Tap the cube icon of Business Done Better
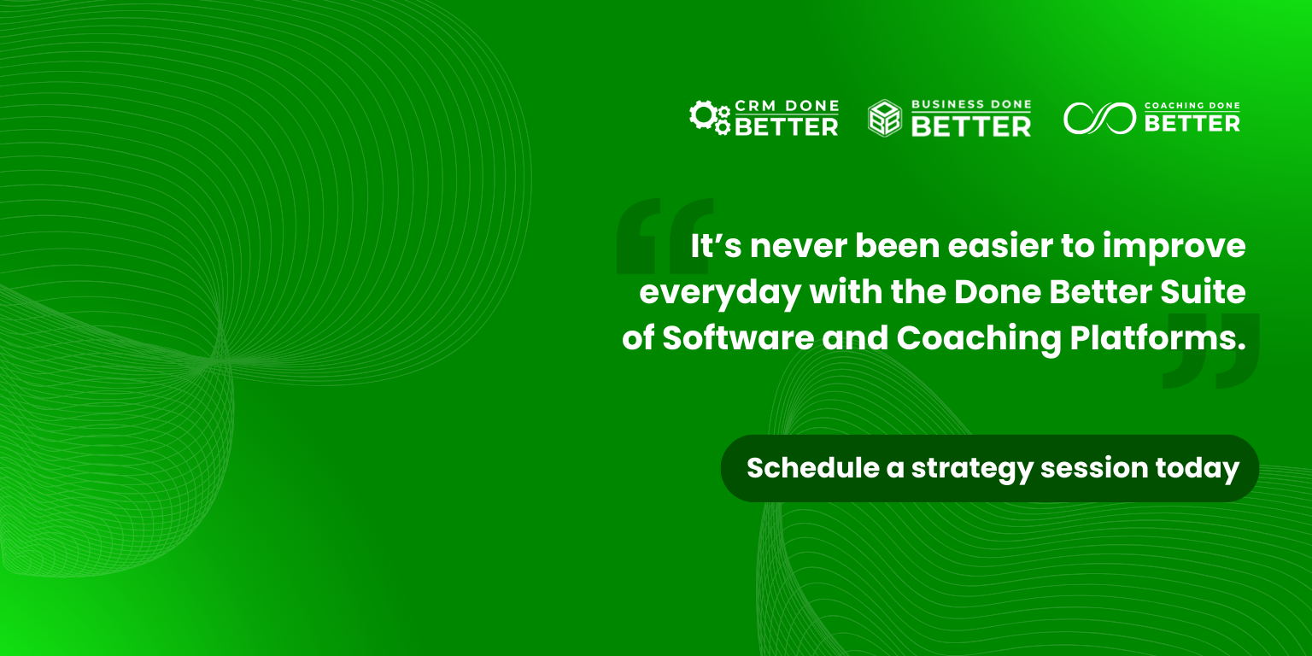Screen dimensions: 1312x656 click(x=884, y=118)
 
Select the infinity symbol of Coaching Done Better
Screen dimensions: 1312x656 click(x=1099, y=119)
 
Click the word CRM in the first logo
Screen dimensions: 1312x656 click(x=756, y=106)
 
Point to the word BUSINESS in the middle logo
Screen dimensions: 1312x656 click(x=942, y=104)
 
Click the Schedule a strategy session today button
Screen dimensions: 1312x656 click(x=990, y=468)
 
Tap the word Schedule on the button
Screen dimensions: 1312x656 click(x=813, y=467)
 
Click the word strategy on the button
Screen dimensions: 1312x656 click(x=972, y=470)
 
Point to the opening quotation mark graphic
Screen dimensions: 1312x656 click(x=665, y=236)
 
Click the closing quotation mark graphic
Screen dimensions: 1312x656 click(x=1211, y=350)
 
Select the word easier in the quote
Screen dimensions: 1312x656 click(x=1000, y=245)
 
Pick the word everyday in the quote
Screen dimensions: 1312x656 click(x=720, y=293)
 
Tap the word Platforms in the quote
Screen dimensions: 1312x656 click(x=1158, y=338)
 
